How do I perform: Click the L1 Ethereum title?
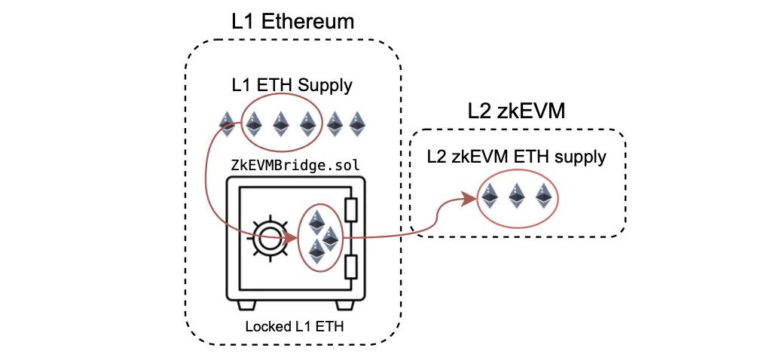coord(292,21)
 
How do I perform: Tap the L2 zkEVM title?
coord(516,111)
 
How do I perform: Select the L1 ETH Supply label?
coord(292,85)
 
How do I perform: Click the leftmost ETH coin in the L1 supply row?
coord(227,124)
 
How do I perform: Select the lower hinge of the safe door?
coord(351,267)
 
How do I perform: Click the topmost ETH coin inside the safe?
coord(316,221)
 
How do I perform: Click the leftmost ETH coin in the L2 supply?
coord(490,197)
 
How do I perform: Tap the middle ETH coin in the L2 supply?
coord(516,197)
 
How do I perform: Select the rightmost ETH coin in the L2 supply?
coord(542,197)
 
